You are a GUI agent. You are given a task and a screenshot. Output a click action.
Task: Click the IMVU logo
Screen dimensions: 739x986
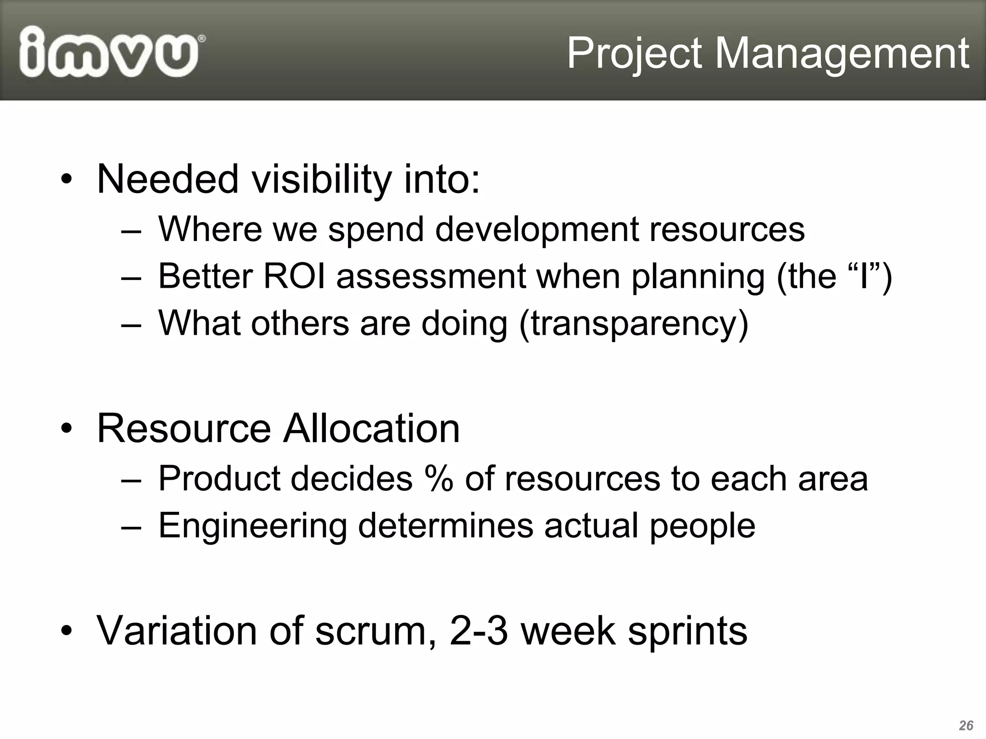pyautogui.click(x=111, y=52)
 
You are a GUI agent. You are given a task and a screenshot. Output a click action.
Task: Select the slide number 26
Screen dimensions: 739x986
pyautogui.click(x=966, y=725)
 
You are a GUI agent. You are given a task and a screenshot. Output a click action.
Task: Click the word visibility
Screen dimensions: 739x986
pyautogui.click(x=322, y=179)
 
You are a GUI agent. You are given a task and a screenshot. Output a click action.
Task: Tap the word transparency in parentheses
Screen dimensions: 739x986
pyautogui.click(x=633, y=323)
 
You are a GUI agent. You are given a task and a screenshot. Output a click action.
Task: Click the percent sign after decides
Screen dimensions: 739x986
pyautogui.click(x=439, y=479)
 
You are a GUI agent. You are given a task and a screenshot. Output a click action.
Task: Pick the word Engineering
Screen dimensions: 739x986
pyautogui.click(x=252, y=525)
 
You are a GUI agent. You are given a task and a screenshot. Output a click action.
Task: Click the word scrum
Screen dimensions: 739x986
pyautogui.click(x=371, y=631)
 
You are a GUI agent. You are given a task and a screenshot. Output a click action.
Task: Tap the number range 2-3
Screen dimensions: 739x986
pyautogui.click(x=479, y=631)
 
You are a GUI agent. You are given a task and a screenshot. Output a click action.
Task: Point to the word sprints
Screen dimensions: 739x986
pyautogui.click(x=687, y=631)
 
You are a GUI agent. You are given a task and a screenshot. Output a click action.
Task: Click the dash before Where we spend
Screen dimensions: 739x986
pyautogui.click(x=131, y=230)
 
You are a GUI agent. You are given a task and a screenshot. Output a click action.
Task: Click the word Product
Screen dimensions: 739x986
pyautogui.click(x=223, y=479)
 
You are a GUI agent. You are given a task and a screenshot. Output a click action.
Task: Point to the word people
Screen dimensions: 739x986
pyautogui.click(x=702, y=525)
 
